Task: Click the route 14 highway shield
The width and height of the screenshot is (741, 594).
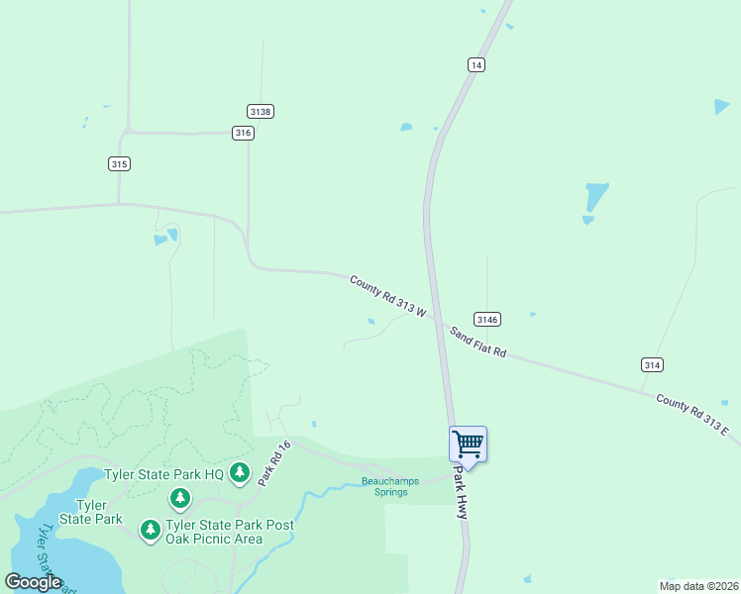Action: point(476,64)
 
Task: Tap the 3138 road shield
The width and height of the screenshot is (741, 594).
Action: point(261,112)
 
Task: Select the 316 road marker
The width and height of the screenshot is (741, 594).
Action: point(243,133)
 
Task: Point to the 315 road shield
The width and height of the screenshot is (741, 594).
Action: point(119,163)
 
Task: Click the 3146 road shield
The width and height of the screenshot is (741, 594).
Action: point(486,319)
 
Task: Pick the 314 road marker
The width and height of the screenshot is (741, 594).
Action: point(651,364)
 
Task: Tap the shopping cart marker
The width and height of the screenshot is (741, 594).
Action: point(468,445)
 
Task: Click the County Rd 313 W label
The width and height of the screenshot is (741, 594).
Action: point(387,296)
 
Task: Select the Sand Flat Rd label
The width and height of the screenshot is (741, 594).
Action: point(477,342)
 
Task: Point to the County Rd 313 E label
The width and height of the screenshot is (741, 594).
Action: point(691,416)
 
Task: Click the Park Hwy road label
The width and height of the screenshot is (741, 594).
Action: point(461,493)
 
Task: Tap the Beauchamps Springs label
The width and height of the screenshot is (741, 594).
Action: point(384,486)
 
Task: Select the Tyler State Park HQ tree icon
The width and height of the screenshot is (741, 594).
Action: point(239,474)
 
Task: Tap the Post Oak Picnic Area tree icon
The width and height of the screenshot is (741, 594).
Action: point(151,531)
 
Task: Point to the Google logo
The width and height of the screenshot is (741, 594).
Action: point(33,582)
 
